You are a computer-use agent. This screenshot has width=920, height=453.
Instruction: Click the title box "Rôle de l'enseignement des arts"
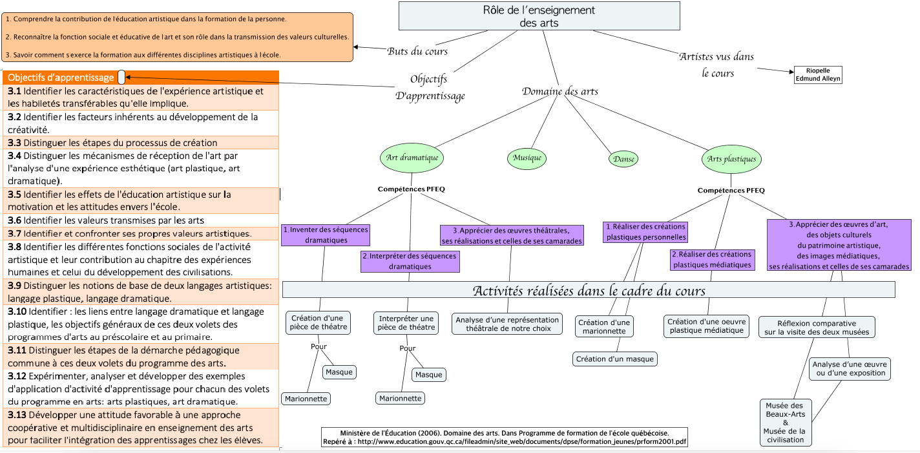(539, 16)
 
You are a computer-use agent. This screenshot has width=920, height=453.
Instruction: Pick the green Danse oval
(623, 159)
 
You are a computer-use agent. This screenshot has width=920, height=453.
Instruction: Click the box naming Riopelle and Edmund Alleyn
(818, 74)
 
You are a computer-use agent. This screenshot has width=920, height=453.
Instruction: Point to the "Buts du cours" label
(417, 51)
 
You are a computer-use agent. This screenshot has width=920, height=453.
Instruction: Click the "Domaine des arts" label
(559, 91)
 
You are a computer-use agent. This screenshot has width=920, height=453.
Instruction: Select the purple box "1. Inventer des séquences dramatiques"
(325, 235)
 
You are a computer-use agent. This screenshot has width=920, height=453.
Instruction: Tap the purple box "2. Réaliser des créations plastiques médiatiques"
(712, 259)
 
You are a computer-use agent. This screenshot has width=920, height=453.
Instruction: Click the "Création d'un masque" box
(614, 359)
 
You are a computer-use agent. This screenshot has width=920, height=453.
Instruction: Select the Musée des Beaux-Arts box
(785, 423)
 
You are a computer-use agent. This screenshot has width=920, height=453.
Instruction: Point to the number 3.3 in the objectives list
(14, 143)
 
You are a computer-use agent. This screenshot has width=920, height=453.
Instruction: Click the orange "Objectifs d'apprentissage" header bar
(61, 78)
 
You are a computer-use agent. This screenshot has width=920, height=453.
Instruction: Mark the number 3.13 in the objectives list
(17, 415)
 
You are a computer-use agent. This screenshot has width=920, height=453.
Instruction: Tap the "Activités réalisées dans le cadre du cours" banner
(589, 290)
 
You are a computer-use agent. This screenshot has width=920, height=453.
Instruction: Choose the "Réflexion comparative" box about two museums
(817, 328)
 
